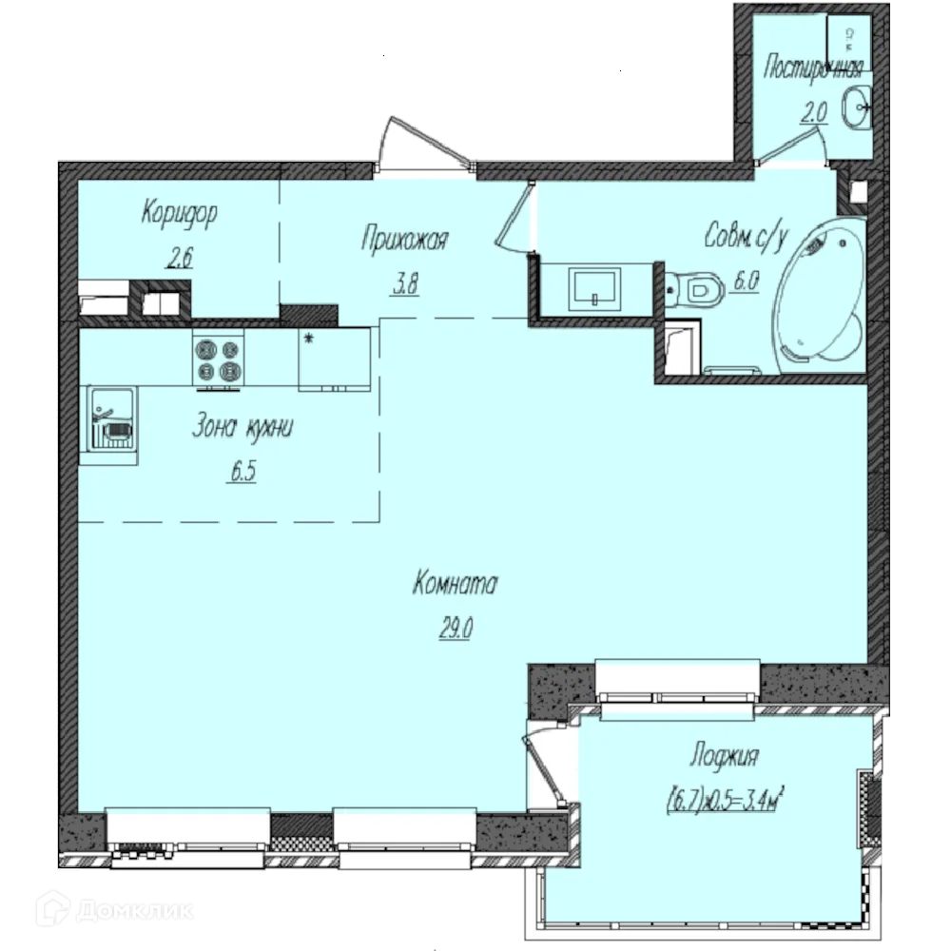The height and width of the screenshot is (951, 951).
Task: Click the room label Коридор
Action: click(x=179, y=214)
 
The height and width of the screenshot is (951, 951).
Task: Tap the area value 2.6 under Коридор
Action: click(x=180, y=257)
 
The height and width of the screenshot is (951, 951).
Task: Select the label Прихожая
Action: click(x=404, y=239)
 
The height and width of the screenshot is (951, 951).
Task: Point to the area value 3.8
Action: click(x=406, y=283)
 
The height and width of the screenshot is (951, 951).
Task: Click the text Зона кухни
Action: click(x=243, y=426)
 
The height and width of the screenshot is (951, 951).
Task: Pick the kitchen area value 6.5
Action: click(x=243, y=471)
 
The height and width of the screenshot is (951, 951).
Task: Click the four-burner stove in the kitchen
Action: click(x=219, y=359)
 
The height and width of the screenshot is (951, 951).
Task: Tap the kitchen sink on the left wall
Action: click(x=111, y=418)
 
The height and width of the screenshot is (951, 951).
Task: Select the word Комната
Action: click(x=455, y=584)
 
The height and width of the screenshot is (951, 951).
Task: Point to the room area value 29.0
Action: click(x=456, y=628)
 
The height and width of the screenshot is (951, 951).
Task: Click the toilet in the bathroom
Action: click(x=695, y=290)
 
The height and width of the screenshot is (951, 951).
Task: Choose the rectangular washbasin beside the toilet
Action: click(x=594, y=289)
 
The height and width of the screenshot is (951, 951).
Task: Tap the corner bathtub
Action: click(x=819, y=296)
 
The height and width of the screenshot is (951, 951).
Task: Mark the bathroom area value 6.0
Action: click(x=747, y=281)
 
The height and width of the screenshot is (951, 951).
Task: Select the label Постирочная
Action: click(x=813, y=68)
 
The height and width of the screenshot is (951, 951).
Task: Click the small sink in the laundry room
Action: click(x=857, y=107)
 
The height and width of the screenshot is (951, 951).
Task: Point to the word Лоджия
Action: click(x=724, y=756)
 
